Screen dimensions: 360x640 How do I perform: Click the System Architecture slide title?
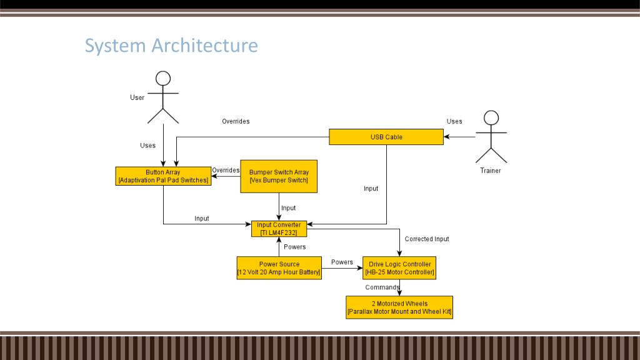(x=171, y=46)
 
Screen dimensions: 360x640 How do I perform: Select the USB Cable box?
(x=386, y=137)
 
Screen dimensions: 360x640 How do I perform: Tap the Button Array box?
(x=162, y=176)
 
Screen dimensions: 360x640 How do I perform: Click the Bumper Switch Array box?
(x=279, y=176)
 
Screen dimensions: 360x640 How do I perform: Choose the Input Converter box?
(x=279, y=229)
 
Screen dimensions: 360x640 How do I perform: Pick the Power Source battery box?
(x=279, y=268)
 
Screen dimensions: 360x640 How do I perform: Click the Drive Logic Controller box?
(x=400, y=268)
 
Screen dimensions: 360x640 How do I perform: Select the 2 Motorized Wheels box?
(x=399, y=307)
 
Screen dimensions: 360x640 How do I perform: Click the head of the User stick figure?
(x=163, y=78)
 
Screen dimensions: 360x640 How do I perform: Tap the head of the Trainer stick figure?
(x=491, y=117)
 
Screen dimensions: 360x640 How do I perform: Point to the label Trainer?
(x=491, y=171)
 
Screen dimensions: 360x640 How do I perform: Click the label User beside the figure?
(x=137, y=97)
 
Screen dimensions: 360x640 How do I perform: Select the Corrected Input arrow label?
(x=427, y=239)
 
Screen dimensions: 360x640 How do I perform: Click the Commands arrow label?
(x=382, y=287)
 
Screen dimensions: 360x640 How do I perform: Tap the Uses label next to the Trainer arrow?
(x=454, y=121)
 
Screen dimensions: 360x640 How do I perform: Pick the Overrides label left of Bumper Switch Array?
(x=226, y=170)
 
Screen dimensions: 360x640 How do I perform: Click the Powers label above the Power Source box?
(x=295, y=247)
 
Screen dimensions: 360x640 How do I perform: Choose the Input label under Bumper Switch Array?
(x=288, y=208)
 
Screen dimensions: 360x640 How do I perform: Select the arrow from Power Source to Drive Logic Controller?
(x=342, y=269)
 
